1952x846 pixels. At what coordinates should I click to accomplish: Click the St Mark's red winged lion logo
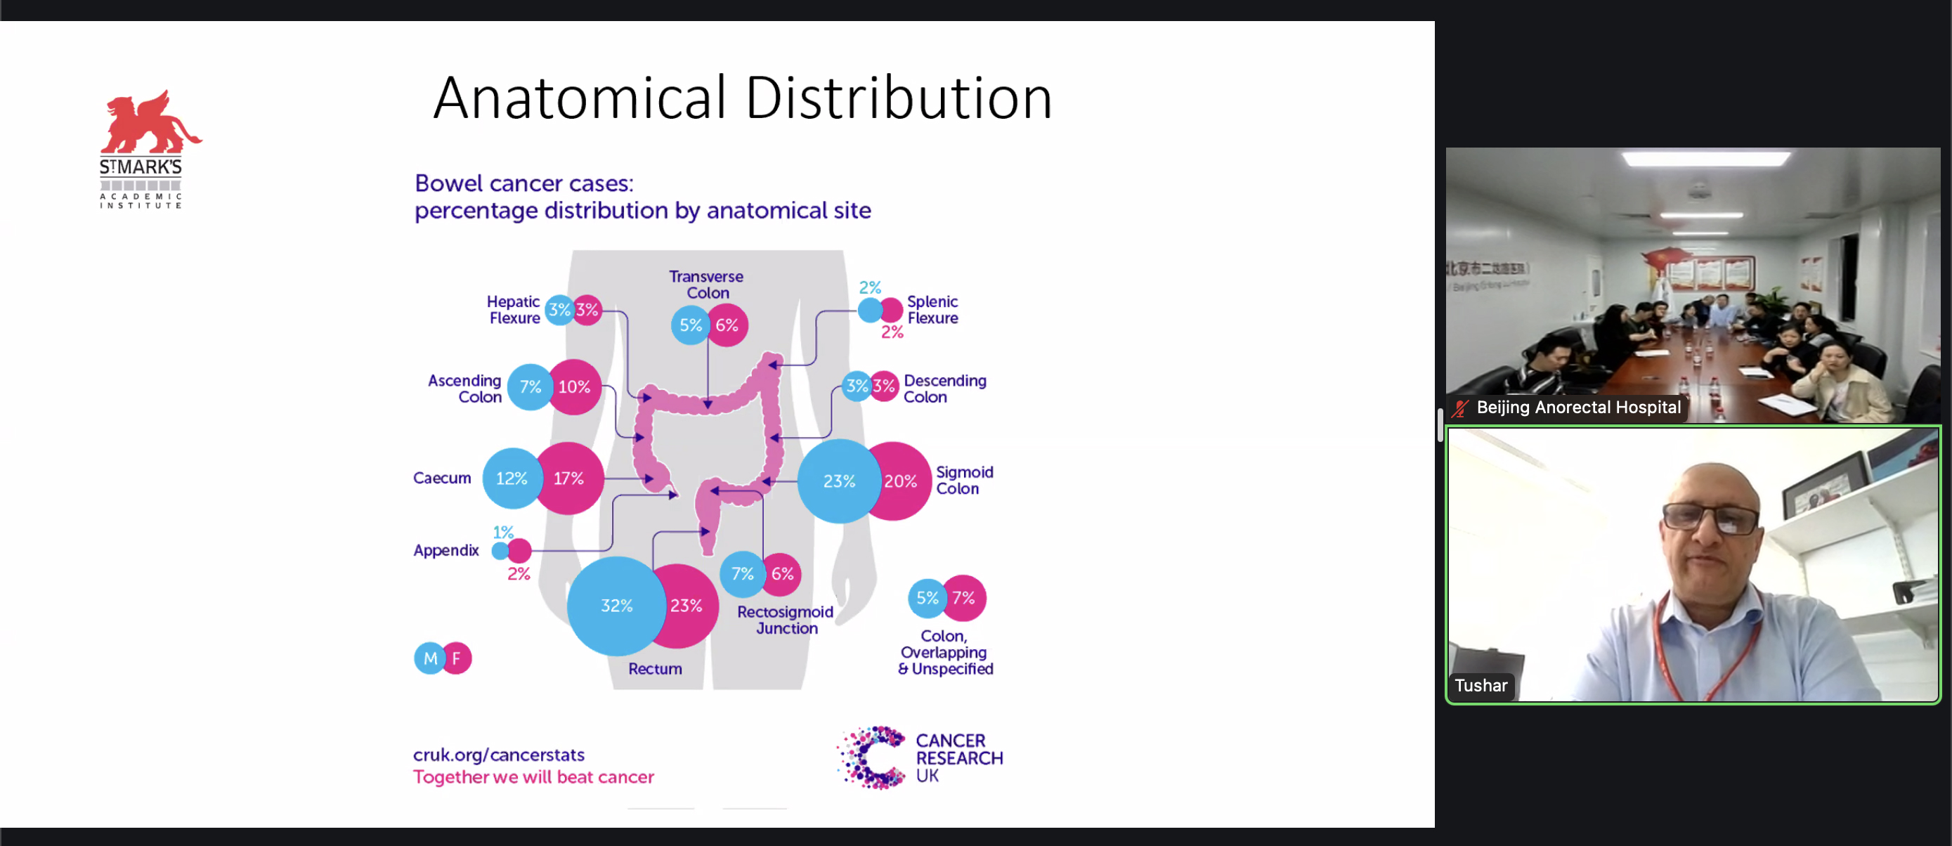pos(150,123)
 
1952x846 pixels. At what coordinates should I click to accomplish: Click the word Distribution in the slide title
pos(899,98)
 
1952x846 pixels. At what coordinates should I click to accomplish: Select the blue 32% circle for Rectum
pos(616,606)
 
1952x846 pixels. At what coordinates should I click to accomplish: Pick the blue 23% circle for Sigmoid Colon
pos(838,481)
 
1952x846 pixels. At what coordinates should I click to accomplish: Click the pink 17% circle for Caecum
pos(569,479)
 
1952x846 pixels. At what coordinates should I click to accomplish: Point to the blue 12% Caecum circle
pos(511,479)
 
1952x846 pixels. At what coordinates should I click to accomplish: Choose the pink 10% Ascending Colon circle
pos(574,386)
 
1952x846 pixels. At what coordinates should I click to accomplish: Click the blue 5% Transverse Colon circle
pos(689,325)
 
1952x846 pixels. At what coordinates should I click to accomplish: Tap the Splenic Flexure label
pos(932,310)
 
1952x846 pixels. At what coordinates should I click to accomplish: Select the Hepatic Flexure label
pos(514,310)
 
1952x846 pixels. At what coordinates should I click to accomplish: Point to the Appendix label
pos(445,550)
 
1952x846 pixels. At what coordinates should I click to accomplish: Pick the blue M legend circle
pos(429,658)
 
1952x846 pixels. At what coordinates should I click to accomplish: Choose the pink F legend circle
pos(457,658)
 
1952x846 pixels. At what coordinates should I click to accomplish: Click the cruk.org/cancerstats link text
pos(499,755)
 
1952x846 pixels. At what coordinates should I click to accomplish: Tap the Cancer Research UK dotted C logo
pos(872,757)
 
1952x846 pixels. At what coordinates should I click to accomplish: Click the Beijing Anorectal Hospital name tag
pos(1577,408)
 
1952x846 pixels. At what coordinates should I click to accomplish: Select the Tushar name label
pos(1480,686)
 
